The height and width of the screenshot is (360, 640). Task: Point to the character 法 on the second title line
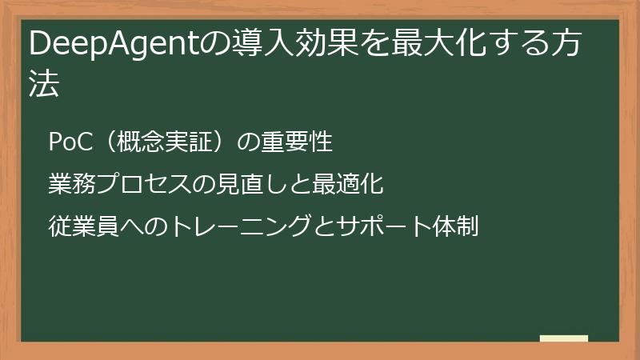pyautogui.click(x=45, y=83)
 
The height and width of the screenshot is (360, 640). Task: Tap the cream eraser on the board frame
pyautogui.click(x=563, y=338)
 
